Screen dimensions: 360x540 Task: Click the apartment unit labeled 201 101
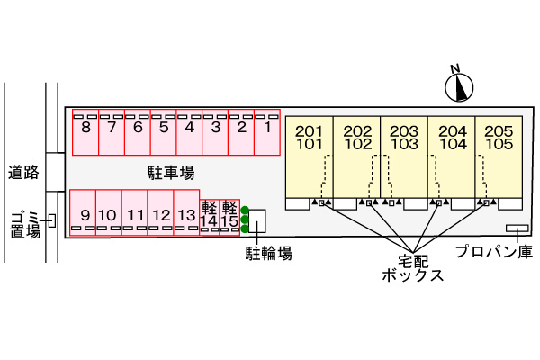[310, 157]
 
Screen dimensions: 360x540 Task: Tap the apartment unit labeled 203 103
[404, 157]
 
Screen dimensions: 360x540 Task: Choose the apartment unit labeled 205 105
[499, 157]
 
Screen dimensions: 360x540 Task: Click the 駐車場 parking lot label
[171, 172]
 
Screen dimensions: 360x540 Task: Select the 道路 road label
[24, 171]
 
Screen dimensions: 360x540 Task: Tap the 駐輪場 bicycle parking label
[269, 254]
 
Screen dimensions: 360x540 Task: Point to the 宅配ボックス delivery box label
[412, 267]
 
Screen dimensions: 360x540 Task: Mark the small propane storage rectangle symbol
[517, 227]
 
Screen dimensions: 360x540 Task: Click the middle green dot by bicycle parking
[245, 220]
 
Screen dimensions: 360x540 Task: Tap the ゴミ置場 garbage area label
[25, 224]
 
